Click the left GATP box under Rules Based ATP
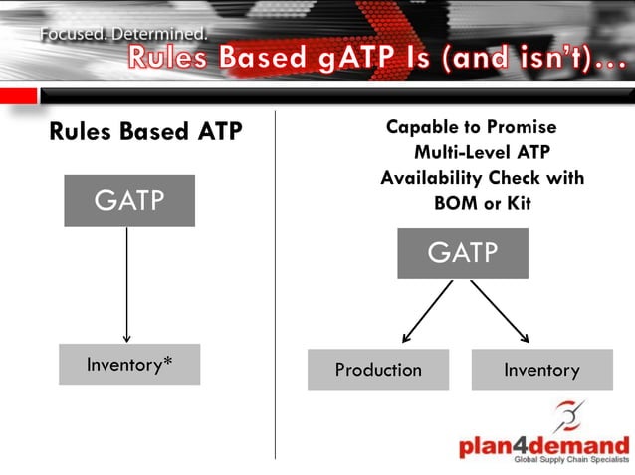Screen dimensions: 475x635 pyautogui.click(x=129, y=201)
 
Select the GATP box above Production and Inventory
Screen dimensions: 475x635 pyautogui.click(x=463, y=253)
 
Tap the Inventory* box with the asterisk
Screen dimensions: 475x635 pyautogui.click(x=129, y=365)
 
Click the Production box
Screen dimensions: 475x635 pyautogui.click(x=378, y=370)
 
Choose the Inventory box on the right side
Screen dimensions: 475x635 pyautogui.click(x=541, y=370)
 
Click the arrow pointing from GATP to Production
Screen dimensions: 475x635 pyautogui.click(x=427, y=311)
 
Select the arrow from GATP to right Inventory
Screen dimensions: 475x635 pyautogui.click(x=500, y=311)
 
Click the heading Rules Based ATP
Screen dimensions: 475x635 pyautogui.click(x=145, y=131)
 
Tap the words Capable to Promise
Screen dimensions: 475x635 pyautogui.click(x=471, y=127)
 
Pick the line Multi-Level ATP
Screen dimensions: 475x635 pyautogui.click(x=482, y=152)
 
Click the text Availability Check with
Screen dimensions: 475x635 pyautogui.click(x=482, y=178)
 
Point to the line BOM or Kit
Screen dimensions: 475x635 pyautogui.click(x=482, y=203)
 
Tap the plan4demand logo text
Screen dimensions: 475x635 pyautogui.click(x=543, y=446)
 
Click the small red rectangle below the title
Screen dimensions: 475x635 pyautogui.click(x=18, y=95)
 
